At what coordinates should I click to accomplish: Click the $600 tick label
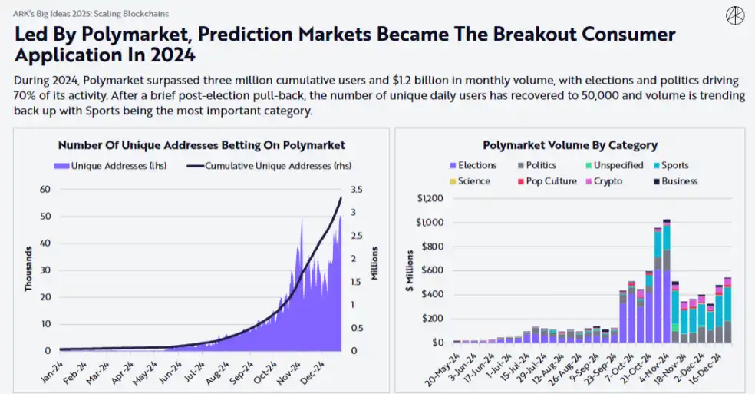coord(432,270)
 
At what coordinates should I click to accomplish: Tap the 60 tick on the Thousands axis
coord(45,190)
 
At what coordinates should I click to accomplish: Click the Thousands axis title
coord(28,269)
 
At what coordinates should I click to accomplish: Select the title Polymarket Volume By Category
coord(569,145)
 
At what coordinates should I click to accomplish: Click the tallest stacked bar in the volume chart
coord(667,280)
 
